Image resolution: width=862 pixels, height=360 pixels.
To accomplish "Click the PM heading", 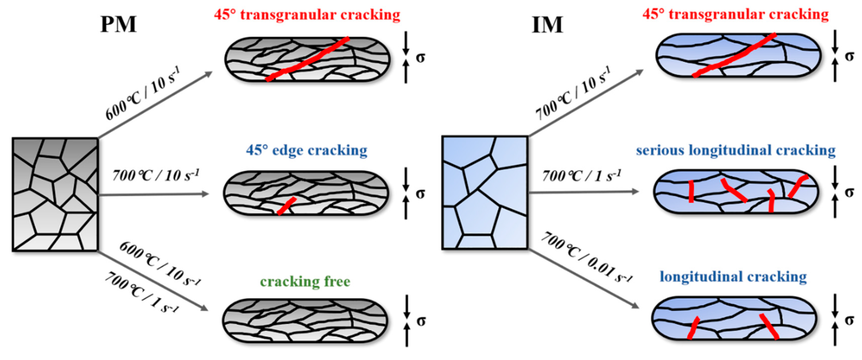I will click(118, 24).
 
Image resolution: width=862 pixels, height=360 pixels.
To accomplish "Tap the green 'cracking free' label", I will click(305, 281).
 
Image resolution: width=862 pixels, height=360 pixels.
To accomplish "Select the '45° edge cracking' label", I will click(307, 150).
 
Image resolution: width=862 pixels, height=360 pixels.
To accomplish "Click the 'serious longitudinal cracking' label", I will click(735, 150).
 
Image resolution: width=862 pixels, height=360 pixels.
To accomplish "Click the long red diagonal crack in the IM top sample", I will click(734, 55).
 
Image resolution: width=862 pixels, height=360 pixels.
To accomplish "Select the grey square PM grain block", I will click(55, 194).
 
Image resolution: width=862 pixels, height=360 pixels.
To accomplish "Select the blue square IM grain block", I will click(485, 193).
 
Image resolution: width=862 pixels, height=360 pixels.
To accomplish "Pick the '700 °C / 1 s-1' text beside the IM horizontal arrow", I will click(582, 176).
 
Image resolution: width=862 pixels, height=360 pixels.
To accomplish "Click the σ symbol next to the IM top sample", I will click(849, 56).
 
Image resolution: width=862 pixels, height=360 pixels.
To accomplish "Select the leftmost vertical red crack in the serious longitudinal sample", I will click(691, 191).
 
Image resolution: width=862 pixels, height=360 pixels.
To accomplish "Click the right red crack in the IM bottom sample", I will click(769, 326).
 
